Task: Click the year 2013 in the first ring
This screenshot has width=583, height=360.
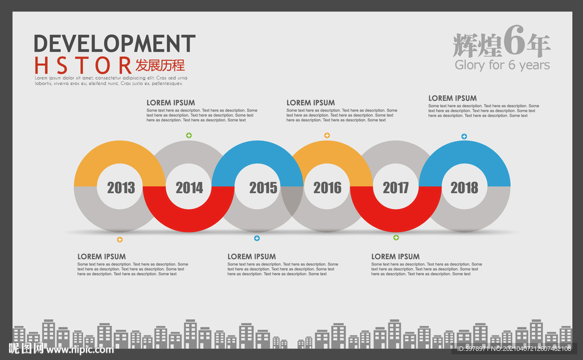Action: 121,187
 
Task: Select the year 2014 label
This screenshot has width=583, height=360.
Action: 189,187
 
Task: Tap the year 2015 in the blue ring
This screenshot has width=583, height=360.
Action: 263,187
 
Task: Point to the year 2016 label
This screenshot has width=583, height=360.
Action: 327,187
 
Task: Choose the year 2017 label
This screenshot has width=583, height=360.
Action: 396,187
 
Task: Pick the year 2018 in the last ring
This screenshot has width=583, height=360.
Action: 465,187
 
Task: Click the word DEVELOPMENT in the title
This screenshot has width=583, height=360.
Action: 114,44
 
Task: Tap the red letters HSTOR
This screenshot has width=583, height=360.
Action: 83,65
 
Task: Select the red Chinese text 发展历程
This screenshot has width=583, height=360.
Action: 160,65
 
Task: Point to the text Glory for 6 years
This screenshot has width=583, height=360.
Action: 502,65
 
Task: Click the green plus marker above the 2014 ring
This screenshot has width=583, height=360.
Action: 189,136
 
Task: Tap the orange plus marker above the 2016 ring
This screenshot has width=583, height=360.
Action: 327,136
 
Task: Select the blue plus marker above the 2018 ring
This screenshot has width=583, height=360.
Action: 464,137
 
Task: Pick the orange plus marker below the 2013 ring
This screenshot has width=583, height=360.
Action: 120,240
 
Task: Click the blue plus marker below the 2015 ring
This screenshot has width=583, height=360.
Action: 257,239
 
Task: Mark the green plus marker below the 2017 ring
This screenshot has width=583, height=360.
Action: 396,238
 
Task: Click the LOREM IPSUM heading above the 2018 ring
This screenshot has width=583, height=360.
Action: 453,98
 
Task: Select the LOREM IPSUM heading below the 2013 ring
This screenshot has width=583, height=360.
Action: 101,257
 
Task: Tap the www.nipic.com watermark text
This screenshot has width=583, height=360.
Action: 80,349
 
